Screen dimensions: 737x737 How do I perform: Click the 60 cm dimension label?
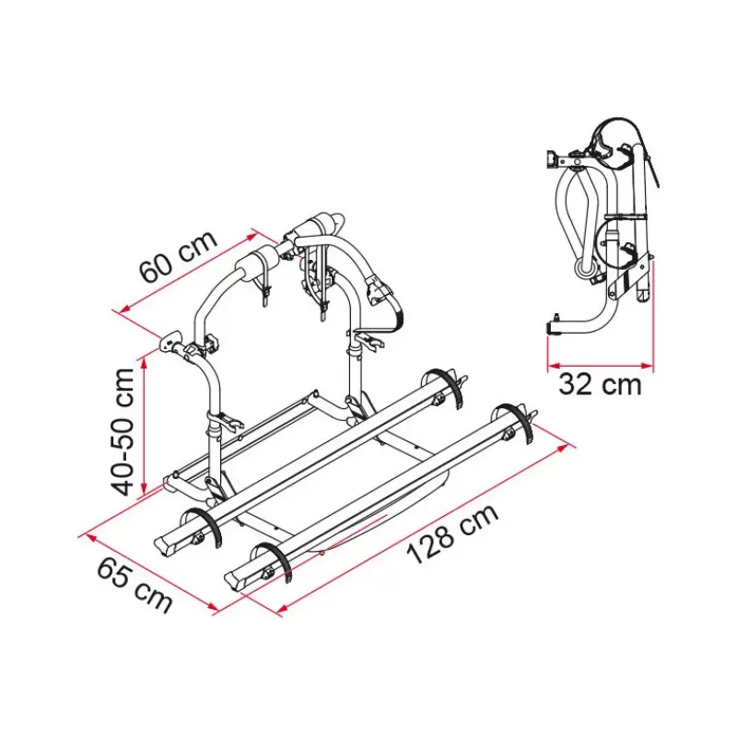pyautogui.click(x=180, y=257)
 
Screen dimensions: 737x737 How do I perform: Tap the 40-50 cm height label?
pyautogui.click(x=123, y=432)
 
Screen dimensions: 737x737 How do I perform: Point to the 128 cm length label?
pyautogui.click(x=452, y=534)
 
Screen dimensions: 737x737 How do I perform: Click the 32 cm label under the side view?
pyautogui.click(x=600, y=385)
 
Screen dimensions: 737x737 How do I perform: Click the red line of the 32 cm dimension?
pyautogui.click(x=601, y=365)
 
